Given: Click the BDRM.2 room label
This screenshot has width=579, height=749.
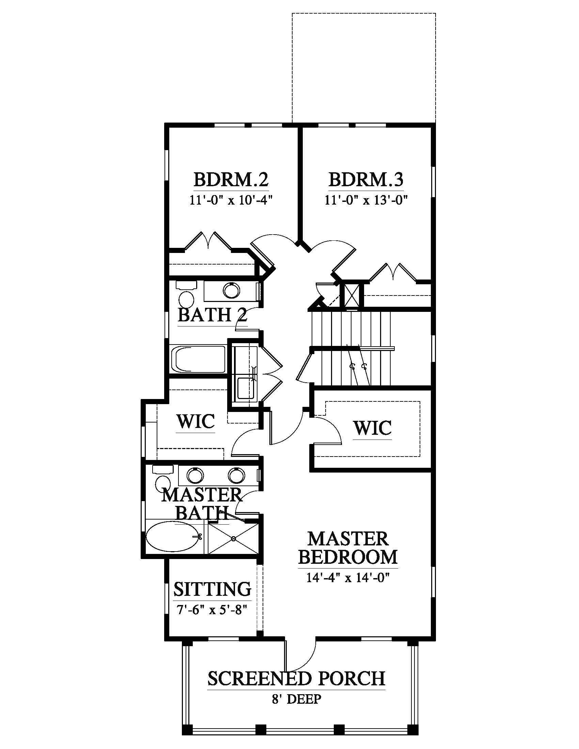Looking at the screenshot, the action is pos(231,179).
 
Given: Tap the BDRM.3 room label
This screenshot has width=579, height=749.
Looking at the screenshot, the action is pos(366,179).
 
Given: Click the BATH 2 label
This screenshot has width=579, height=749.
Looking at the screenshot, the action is pos(212,315).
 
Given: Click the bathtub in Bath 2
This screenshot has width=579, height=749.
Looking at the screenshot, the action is pos(198,359).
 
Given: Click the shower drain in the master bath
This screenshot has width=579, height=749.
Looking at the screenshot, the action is pos(234,539).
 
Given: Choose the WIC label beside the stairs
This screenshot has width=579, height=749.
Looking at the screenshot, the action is pos(373,428).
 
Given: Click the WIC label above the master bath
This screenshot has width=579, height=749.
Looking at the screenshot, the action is pos(196,421).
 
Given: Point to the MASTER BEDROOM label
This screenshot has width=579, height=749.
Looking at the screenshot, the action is pos(348,548).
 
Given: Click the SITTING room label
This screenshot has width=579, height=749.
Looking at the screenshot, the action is pos(212,589).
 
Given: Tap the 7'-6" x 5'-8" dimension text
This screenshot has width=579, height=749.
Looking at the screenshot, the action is pos(212,610).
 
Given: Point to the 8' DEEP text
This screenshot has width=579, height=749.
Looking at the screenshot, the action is pos(296,699).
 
